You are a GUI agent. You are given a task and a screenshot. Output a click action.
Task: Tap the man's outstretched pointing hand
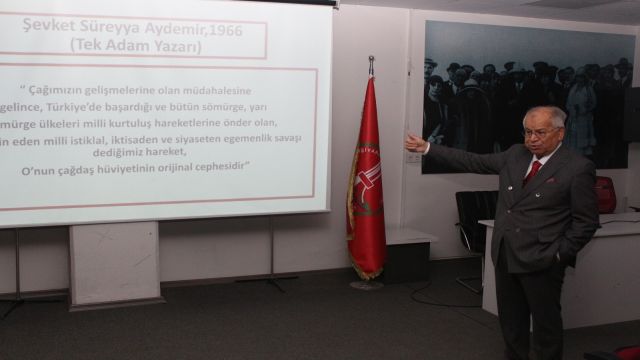coord(415,143)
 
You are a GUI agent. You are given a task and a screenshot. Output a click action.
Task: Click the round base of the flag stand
coord(366,284)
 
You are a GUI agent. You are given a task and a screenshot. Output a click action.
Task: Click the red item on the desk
coord(606,194)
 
